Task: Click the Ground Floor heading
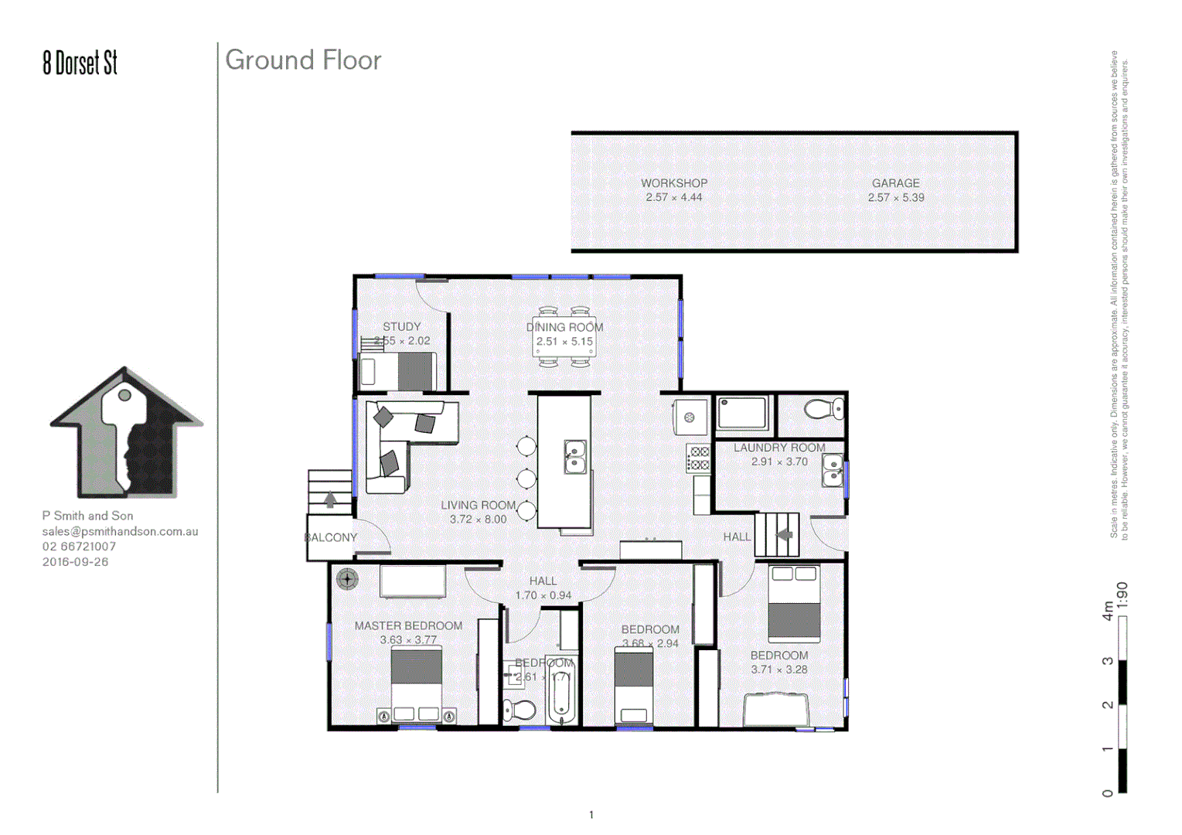pos(303,60)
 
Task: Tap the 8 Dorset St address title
pos(80,63)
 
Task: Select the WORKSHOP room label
pos(673,183)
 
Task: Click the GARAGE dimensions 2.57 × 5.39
pos(895,198)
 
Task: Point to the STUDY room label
pos(401,326)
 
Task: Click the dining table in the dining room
pos(564,337)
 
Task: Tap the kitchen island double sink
pos(574,456)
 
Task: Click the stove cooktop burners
pos(699,458)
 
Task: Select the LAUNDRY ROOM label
pos(778,448)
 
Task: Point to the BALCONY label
pos(331,537)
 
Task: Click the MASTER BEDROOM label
pos(408,625)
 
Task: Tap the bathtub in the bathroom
pos(562,696)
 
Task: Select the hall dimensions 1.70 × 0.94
pos(543,595)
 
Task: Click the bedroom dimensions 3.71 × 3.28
pos(778,670)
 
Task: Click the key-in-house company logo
pos(126,433)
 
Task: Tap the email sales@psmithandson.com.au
pos(120,531)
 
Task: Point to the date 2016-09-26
pos(75,562)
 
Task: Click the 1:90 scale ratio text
pos(1122,595)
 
